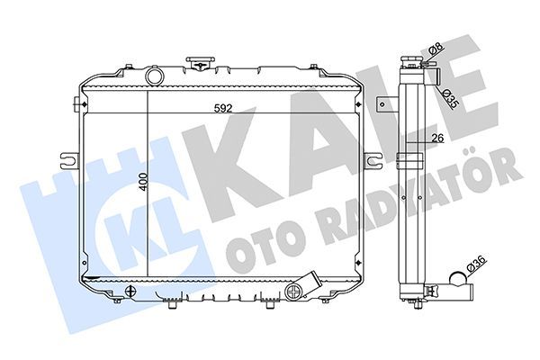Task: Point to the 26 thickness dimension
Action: [x=438, y=137]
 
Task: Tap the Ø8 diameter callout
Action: [x=435, y=49]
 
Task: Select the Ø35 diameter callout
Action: [x=450, y=97]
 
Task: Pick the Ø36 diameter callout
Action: [x=474, y=266]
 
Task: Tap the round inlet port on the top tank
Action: [x=155, y=76]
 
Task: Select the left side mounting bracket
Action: [x=68, y=161]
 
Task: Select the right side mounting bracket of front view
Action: [x=372, y=160]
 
